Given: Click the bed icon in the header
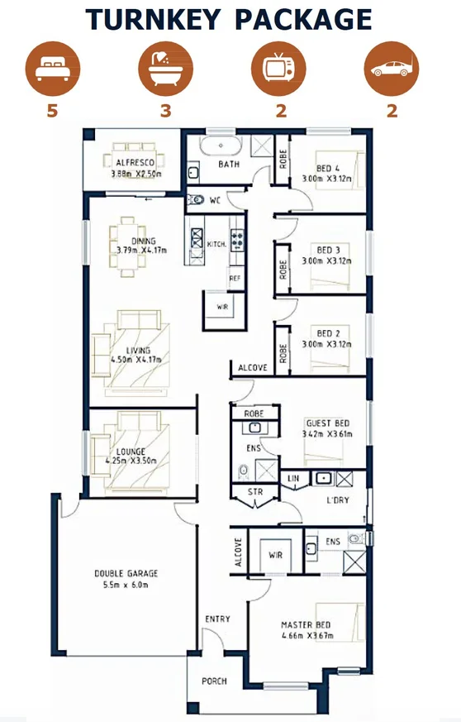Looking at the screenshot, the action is click(52, 69).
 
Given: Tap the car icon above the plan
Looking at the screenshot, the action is click(391, 69).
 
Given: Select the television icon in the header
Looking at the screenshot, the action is click(278, 69).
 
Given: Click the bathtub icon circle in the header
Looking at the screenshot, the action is click(165, 69).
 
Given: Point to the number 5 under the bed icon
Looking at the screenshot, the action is click(52, 111).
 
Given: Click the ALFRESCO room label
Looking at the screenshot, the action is click(135, 163).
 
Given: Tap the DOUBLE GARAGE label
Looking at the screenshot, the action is click(126, 573).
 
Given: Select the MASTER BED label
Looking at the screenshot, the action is click(306, 625).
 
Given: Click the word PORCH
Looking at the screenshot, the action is click(214, 681).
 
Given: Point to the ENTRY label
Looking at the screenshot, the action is click(217, 619).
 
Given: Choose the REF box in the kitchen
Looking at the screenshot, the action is click(235, 279).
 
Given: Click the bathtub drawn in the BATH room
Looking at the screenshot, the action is click(221, 146).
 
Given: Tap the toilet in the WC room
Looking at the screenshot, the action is click(196, 200).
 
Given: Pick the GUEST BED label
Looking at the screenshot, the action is click(328, 423).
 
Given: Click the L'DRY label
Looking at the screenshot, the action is click(338, 500).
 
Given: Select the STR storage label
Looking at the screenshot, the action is click(255, 492).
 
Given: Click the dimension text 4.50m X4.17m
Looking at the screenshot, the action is click(136, 360).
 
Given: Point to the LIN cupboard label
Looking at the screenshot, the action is click(293, 478).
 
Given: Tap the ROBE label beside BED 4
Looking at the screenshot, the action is click(283, 159).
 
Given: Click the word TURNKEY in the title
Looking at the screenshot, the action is click(153, 19).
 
